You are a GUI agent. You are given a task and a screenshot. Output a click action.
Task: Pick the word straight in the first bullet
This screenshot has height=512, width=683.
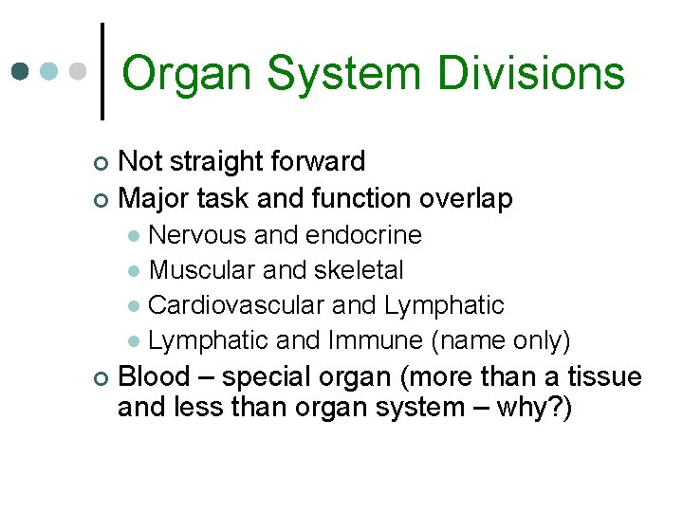pos(222,162)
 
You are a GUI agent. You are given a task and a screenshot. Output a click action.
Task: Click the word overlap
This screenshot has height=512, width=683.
pos(466,198)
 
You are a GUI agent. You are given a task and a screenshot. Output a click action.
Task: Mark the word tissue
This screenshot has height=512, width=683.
pos(605,376)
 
